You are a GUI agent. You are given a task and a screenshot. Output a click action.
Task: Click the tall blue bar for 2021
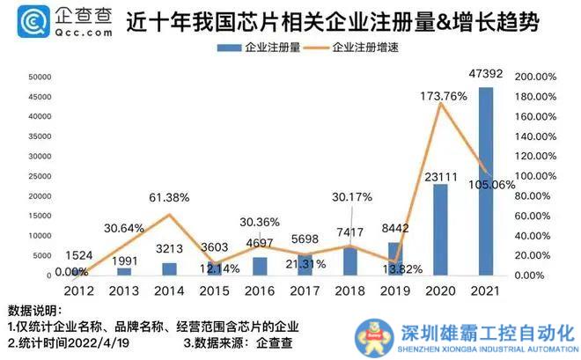[486, 180]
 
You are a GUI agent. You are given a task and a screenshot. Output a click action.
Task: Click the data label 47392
[485, 72]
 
